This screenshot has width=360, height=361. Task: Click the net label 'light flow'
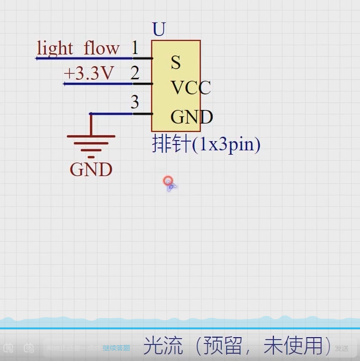coord(78,48)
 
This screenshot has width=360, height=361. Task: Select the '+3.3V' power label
coord(89,73)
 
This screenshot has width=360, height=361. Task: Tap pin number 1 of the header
coord(135,48)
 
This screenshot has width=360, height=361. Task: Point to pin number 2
coord(135,73)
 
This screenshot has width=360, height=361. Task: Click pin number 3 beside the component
coord(135,102)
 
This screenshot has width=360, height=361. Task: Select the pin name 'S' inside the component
coord(176,62)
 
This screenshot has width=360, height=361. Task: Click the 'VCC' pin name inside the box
coord(191,88)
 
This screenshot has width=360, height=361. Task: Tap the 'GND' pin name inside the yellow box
coord(191,117)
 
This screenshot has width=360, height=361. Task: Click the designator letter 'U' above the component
coord(159,30)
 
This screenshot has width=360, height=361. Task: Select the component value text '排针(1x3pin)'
coord(206,144)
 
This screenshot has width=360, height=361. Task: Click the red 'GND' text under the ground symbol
coord(91,169)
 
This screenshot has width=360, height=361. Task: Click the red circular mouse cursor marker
coord(168,181)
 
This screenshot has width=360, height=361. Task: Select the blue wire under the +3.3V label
coord(97,84)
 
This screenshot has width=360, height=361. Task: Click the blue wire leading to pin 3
coord(112,114)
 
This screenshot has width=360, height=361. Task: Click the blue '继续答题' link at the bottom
coord(116,348)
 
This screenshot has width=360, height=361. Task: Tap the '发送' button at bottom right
coord(342,348)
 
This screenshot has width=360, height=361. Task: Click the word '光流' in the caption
coord(162,346)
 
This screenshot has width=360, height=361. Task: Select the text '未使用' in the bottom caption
coord(293,346)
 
